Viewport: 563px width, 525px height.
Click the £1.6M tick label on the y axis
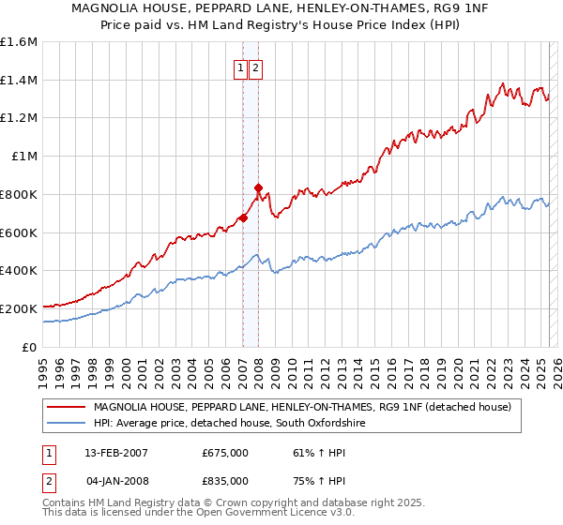coord(18,42)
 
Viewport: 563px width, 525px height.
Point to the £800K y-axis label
coord(19,194)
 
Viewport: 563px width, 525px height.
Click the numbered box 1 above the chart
coord(240,67)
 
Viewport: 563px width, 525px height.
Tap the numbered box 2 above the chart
coord(255,67)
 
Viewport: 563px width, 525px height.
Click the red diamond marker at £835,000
coord(258,187)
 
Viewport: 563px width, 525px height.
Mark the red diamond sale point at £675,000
coord(243,218)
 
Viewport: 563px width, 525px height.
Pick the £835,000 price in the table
coord(225,480)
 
